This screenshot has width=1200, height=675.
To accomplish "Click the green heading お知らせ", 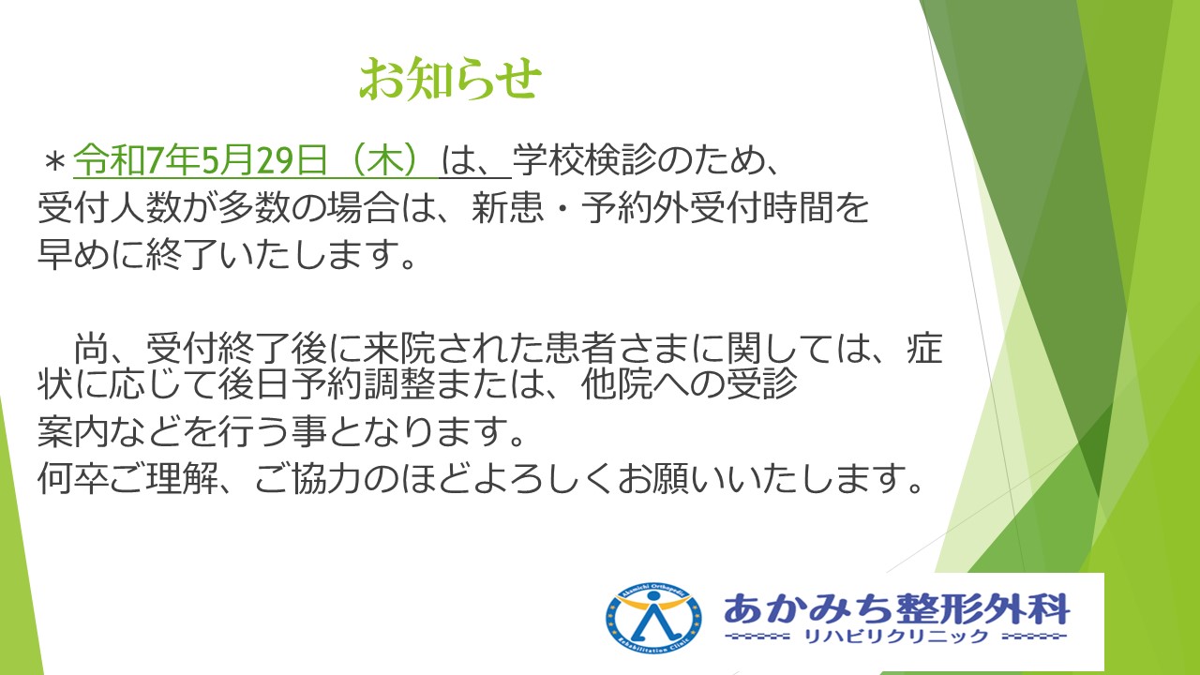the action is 450,79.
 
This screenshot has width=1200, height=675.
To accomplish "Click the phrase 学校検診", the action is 584,160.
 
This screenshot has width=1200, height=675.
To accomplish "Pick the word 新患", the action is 508,207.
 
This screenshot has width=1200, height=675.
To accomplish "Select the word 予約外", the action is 636,207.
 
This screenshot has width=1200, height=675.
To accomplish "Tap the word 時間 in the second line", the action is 798,207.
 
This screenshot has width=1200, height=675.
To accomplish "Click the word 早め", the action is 73,253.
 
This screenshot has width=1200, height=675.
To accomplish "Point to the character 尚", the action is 91,348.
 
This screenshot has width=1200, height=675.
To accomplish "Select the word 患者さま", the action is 617,348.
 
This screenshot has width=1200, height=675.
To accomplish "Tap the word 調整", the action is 399,384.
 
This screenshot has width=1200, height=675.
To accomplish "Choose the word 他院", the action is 617,384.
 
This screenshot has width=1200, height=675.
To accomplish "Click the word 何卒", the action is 73,477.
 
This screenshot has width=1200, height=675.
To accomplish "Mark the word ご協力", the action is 309,477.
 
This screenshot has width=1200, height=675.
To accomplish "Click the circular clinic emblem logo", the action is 653,620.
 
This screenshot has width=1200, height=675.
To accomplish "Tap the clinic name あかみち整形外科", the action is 896,608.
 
